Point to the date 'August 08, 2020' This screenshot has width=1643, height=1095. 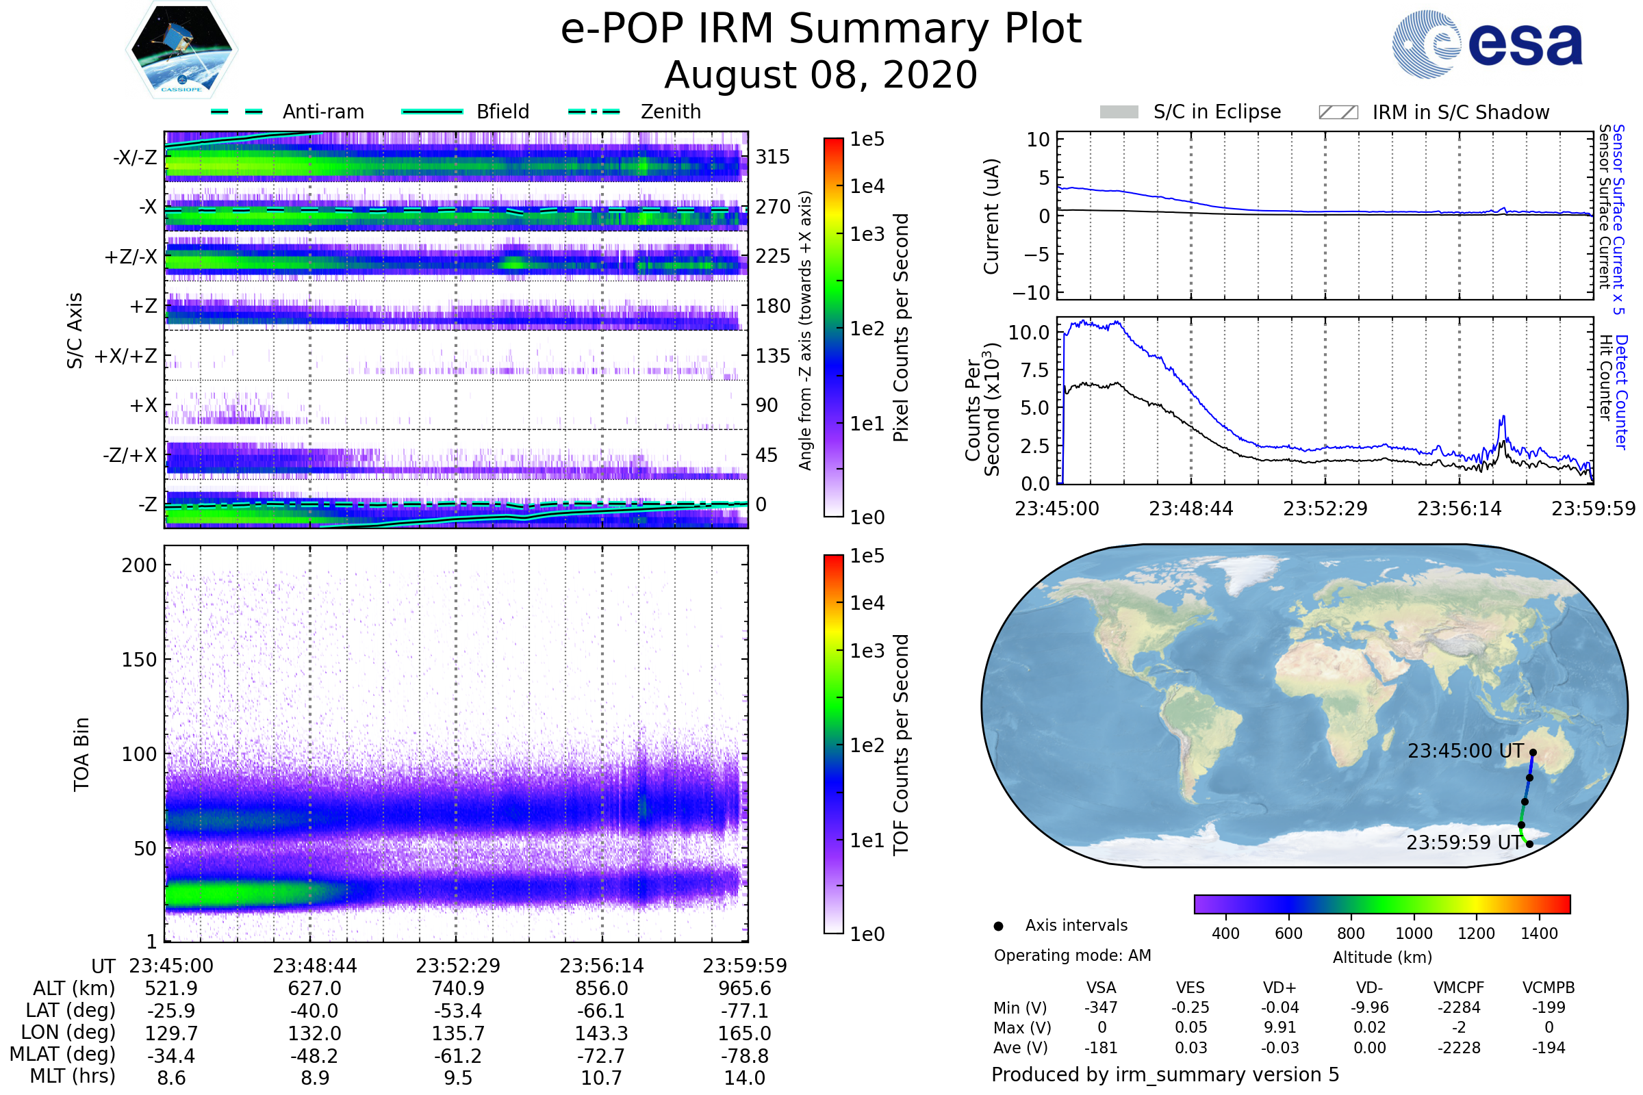point(821,75)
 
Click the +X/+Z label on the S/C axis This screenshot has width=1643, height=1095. point(126,356)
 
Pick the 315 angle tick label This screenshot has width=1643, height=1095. point(772,157)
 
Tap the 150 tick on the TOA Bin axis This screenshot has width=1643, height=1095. point(139,660)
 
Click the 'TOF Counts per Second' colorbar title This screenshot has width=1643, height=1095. point(901,745)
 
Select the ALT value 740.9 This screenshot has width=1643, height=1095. point(458,989)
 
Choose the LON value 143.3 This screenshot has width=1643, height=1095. point(602,1033)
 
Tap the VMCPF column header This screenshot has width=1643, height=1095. point(1459,988)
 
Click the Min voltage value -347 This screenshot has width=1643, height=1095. point(1101,1007)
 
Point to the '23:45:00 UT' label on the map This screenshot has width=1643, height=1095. point(1466,751)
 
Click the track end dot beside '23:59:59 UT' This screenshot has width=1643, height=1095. point(1529,845)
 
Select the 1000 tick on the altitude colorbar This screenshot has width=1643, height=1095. point(1414,933)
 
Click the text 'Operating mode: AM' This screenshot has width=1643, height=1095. point(1072,955)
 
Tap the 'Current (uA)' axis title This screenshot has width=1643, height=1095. point(991,216)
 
